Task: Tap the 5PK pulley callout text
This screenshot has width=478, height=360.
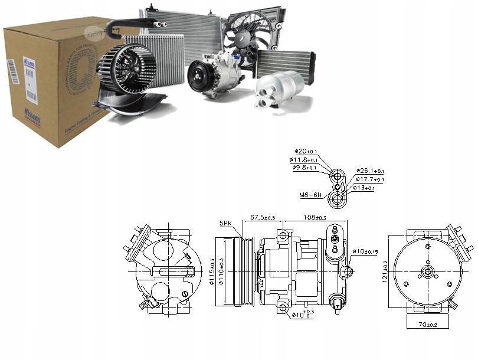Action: (x=226, y=224)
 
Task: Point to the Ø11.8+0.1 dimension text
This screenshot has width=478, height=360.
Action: (x=305, y=159)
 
